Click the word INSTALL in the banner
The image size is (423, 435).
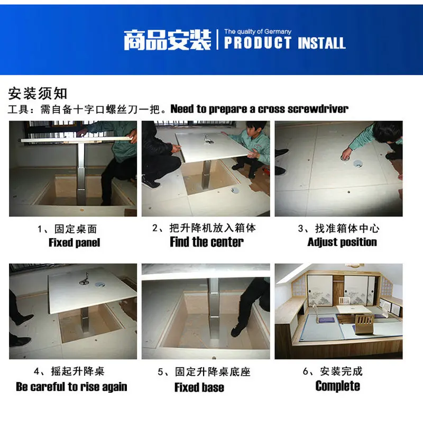tap(321, 43)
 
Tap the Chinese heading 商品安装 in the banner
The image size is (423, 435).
tap(168, 41)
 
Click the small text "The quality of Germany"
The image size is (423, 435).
tap(258, 32)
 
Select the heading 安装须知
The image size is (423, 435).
tap(38, 93)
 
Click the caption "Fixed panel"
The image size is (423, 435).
tap(74, 243)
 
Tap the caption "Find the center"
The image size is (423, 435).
tap(207, 242)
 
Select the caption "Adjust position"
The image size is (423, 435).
tap(342, 242)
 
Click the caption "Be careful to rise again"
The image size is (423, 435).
tap(71, 387)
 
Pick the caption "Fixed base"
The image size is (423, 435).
tap(199, 387)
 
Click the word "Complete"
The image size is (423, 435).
tap(338, 386)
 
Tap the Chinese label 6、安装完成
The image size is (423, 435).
tap(333, 371)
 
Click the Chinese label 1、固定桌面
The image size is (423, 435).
tap(67, 229)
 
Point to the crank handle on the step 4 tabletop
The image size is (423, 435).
tap(85, 279)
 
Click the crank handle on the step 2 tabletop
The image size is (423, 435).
tap(208, 140)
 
